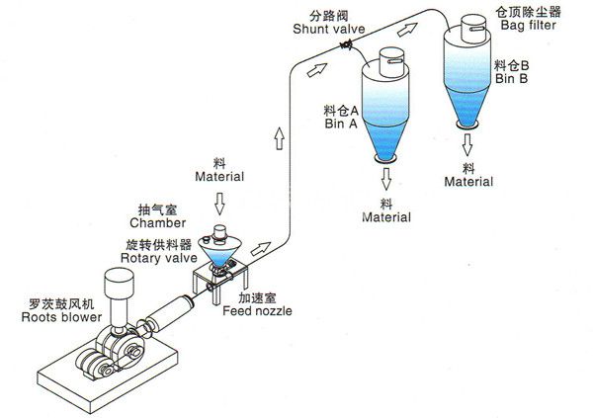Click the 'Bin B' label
tap(512, 76)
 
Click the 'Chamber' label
tap(160, 224)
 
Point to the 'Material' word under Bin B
tap(468, 182)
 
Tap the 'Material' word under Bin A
tap(385, 215)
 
